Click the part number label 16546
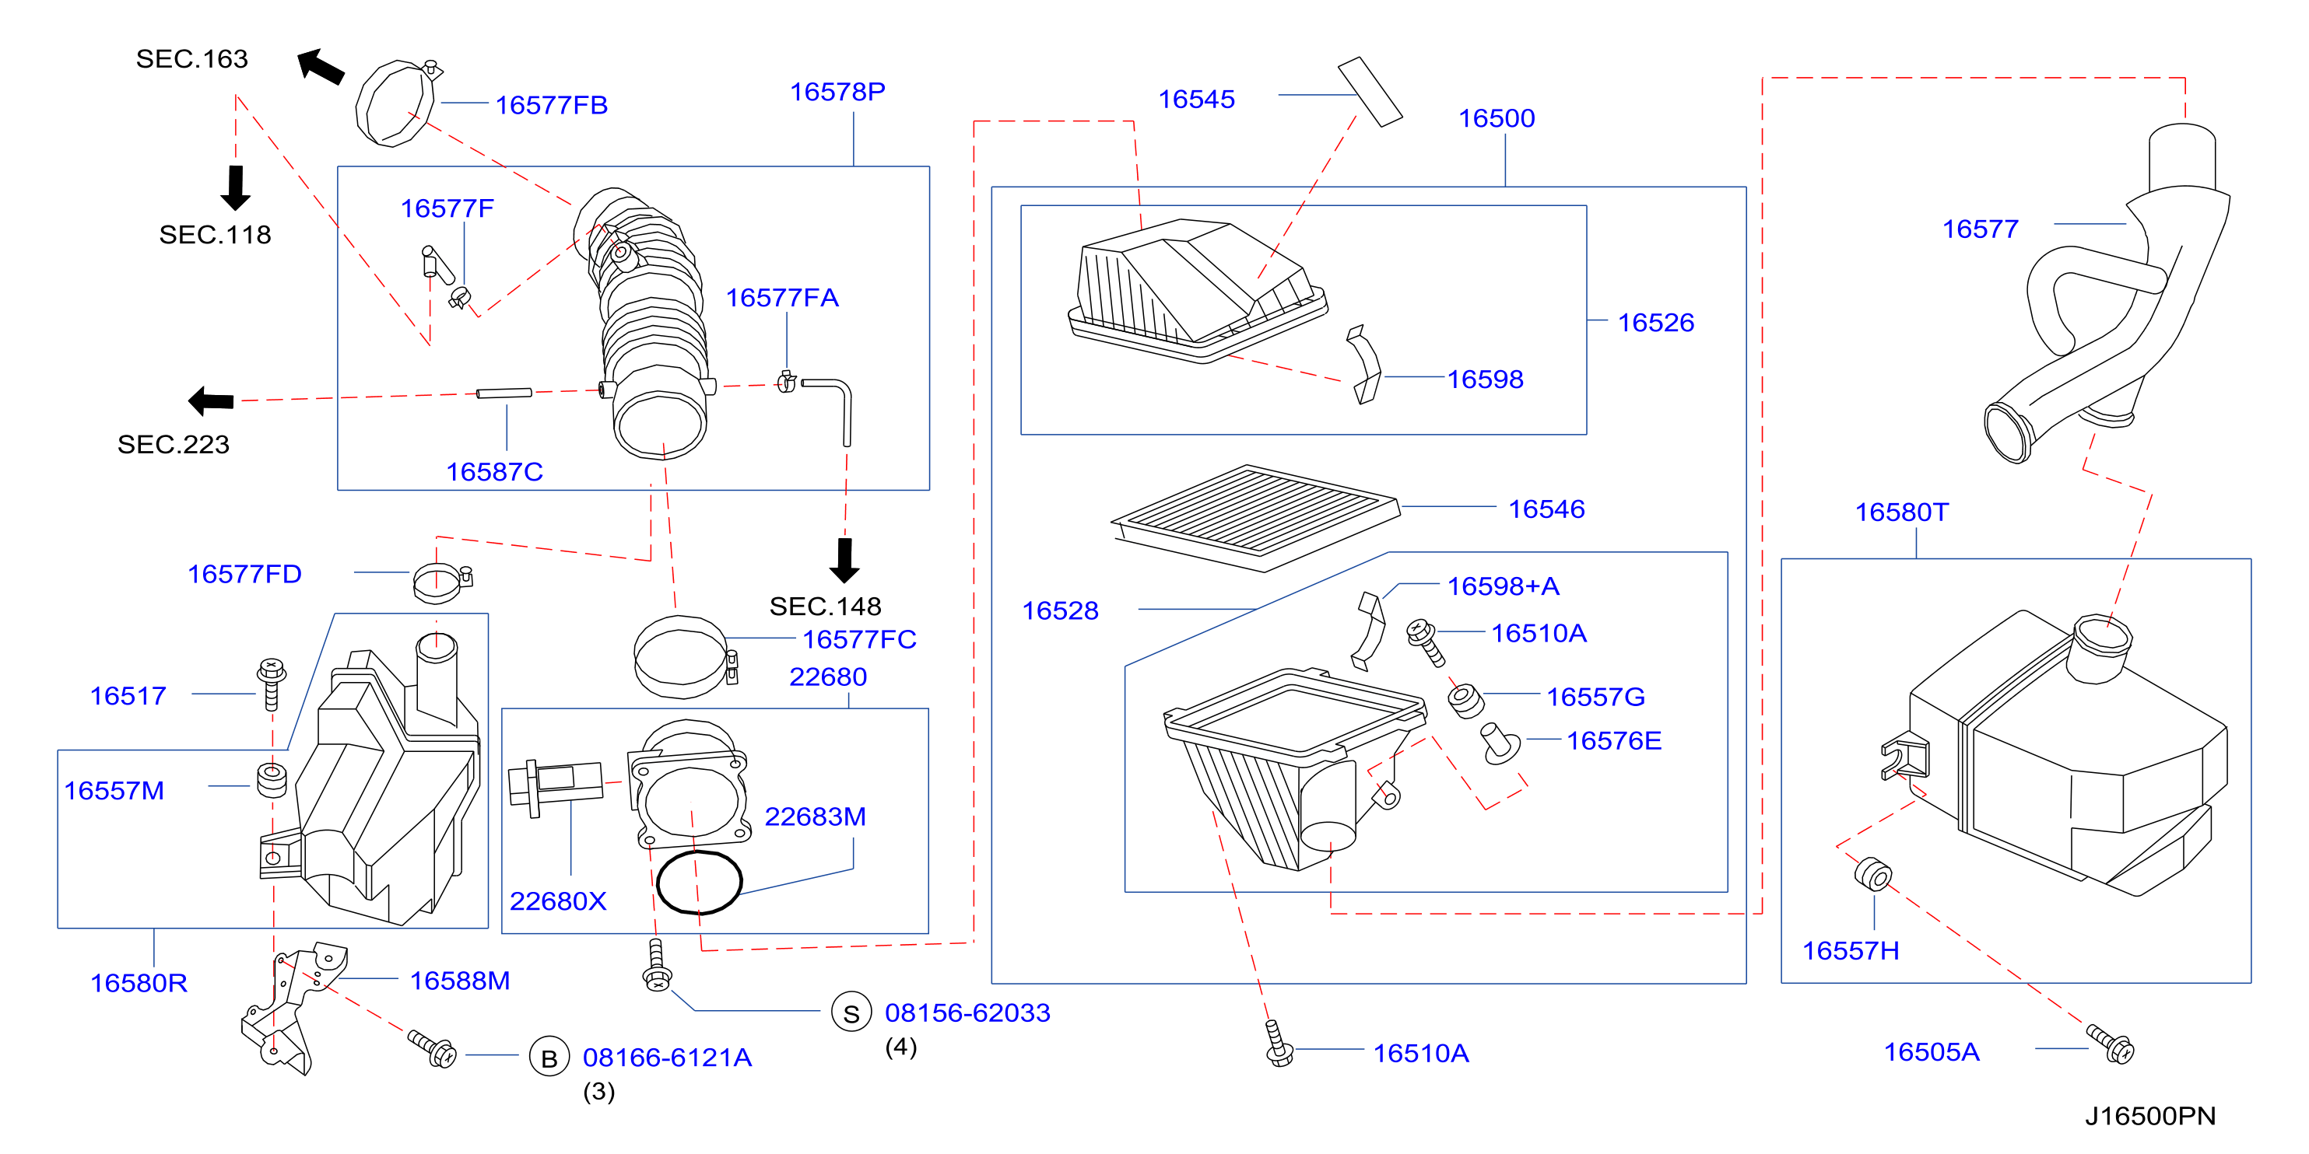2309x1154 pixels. (1546, 509)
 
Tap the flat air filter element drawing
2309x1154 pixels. (1255, 517)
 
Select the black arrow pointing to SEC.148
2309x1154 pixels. (844, 560)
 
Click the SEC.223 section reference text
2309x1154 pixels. (173, 444)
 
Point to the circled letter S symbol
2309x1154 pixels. (851, 1012)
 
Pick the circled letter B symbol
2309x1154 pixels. (549, 1058)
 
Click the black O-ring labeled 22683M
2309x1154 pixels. (699, 882)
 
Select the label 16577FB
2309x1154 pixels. (551, 105)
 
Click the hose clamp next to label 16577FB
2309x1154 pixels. (398, 102)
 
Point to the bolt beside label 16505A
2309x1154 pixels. (2110, 1044)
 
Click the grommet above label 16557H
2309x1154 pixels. (1872, 875)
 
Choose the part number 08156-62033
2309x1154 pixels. (967, 1012)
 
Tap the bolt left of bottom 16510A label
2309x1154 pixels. (1278, 1043)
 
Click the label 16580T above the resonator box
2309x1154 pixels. (1901, 512)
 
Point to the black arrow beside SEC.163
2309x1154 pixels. (320, 66)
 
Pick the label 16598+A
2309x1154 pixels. (1504, 586)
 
